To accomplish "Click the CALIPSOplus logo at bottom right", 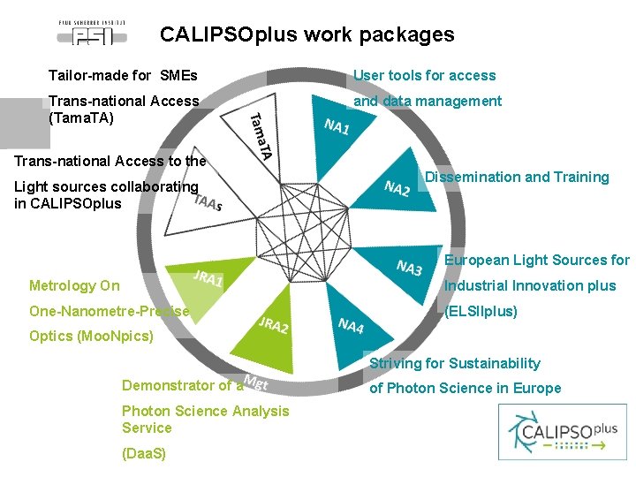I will point(564,432).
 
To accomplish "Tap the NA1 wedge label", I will point(337,127).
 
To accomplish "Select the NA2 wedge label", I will point(397,188).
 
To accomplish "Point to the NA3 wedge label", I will point(409,268).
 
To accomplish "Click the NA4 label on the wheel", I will point(351,325).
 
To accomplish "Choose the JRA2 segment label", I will point(274,324).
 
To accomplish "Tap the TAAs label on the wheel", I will point(208,202).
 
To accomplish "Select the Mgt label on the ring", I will point(255,382).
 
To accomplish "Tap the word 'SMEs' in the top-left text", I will point(179,75).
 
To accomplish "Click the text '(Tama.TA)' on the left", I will point(82,117).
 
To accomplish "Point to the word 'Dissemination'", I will point(470,177).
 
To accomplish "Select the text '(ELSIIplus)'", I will point(481,312).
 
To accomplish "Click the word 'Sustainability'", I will point(494,363).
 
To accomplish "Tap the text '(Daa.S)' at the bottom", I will point(144,453).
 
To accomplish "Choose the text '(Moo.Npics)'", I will point(91,337).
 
